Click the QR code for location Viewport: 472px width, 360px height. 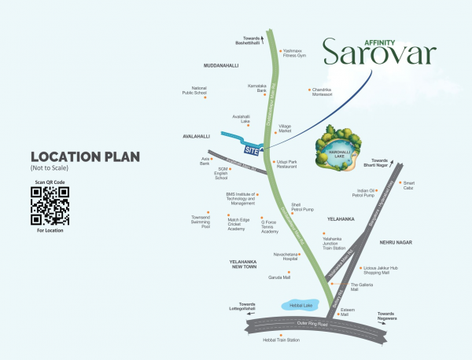point(50,206)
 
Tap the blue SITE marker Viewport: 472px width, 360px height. point(252,149)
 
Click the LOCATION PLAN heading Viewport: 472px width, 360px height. point(76,156)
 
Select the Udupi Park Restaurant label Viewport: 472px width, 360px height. point(286,164)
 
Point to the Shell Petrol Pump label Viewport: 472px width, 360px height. point(302,208)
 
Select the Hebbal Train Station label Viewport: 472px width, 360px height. point(282,340)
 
